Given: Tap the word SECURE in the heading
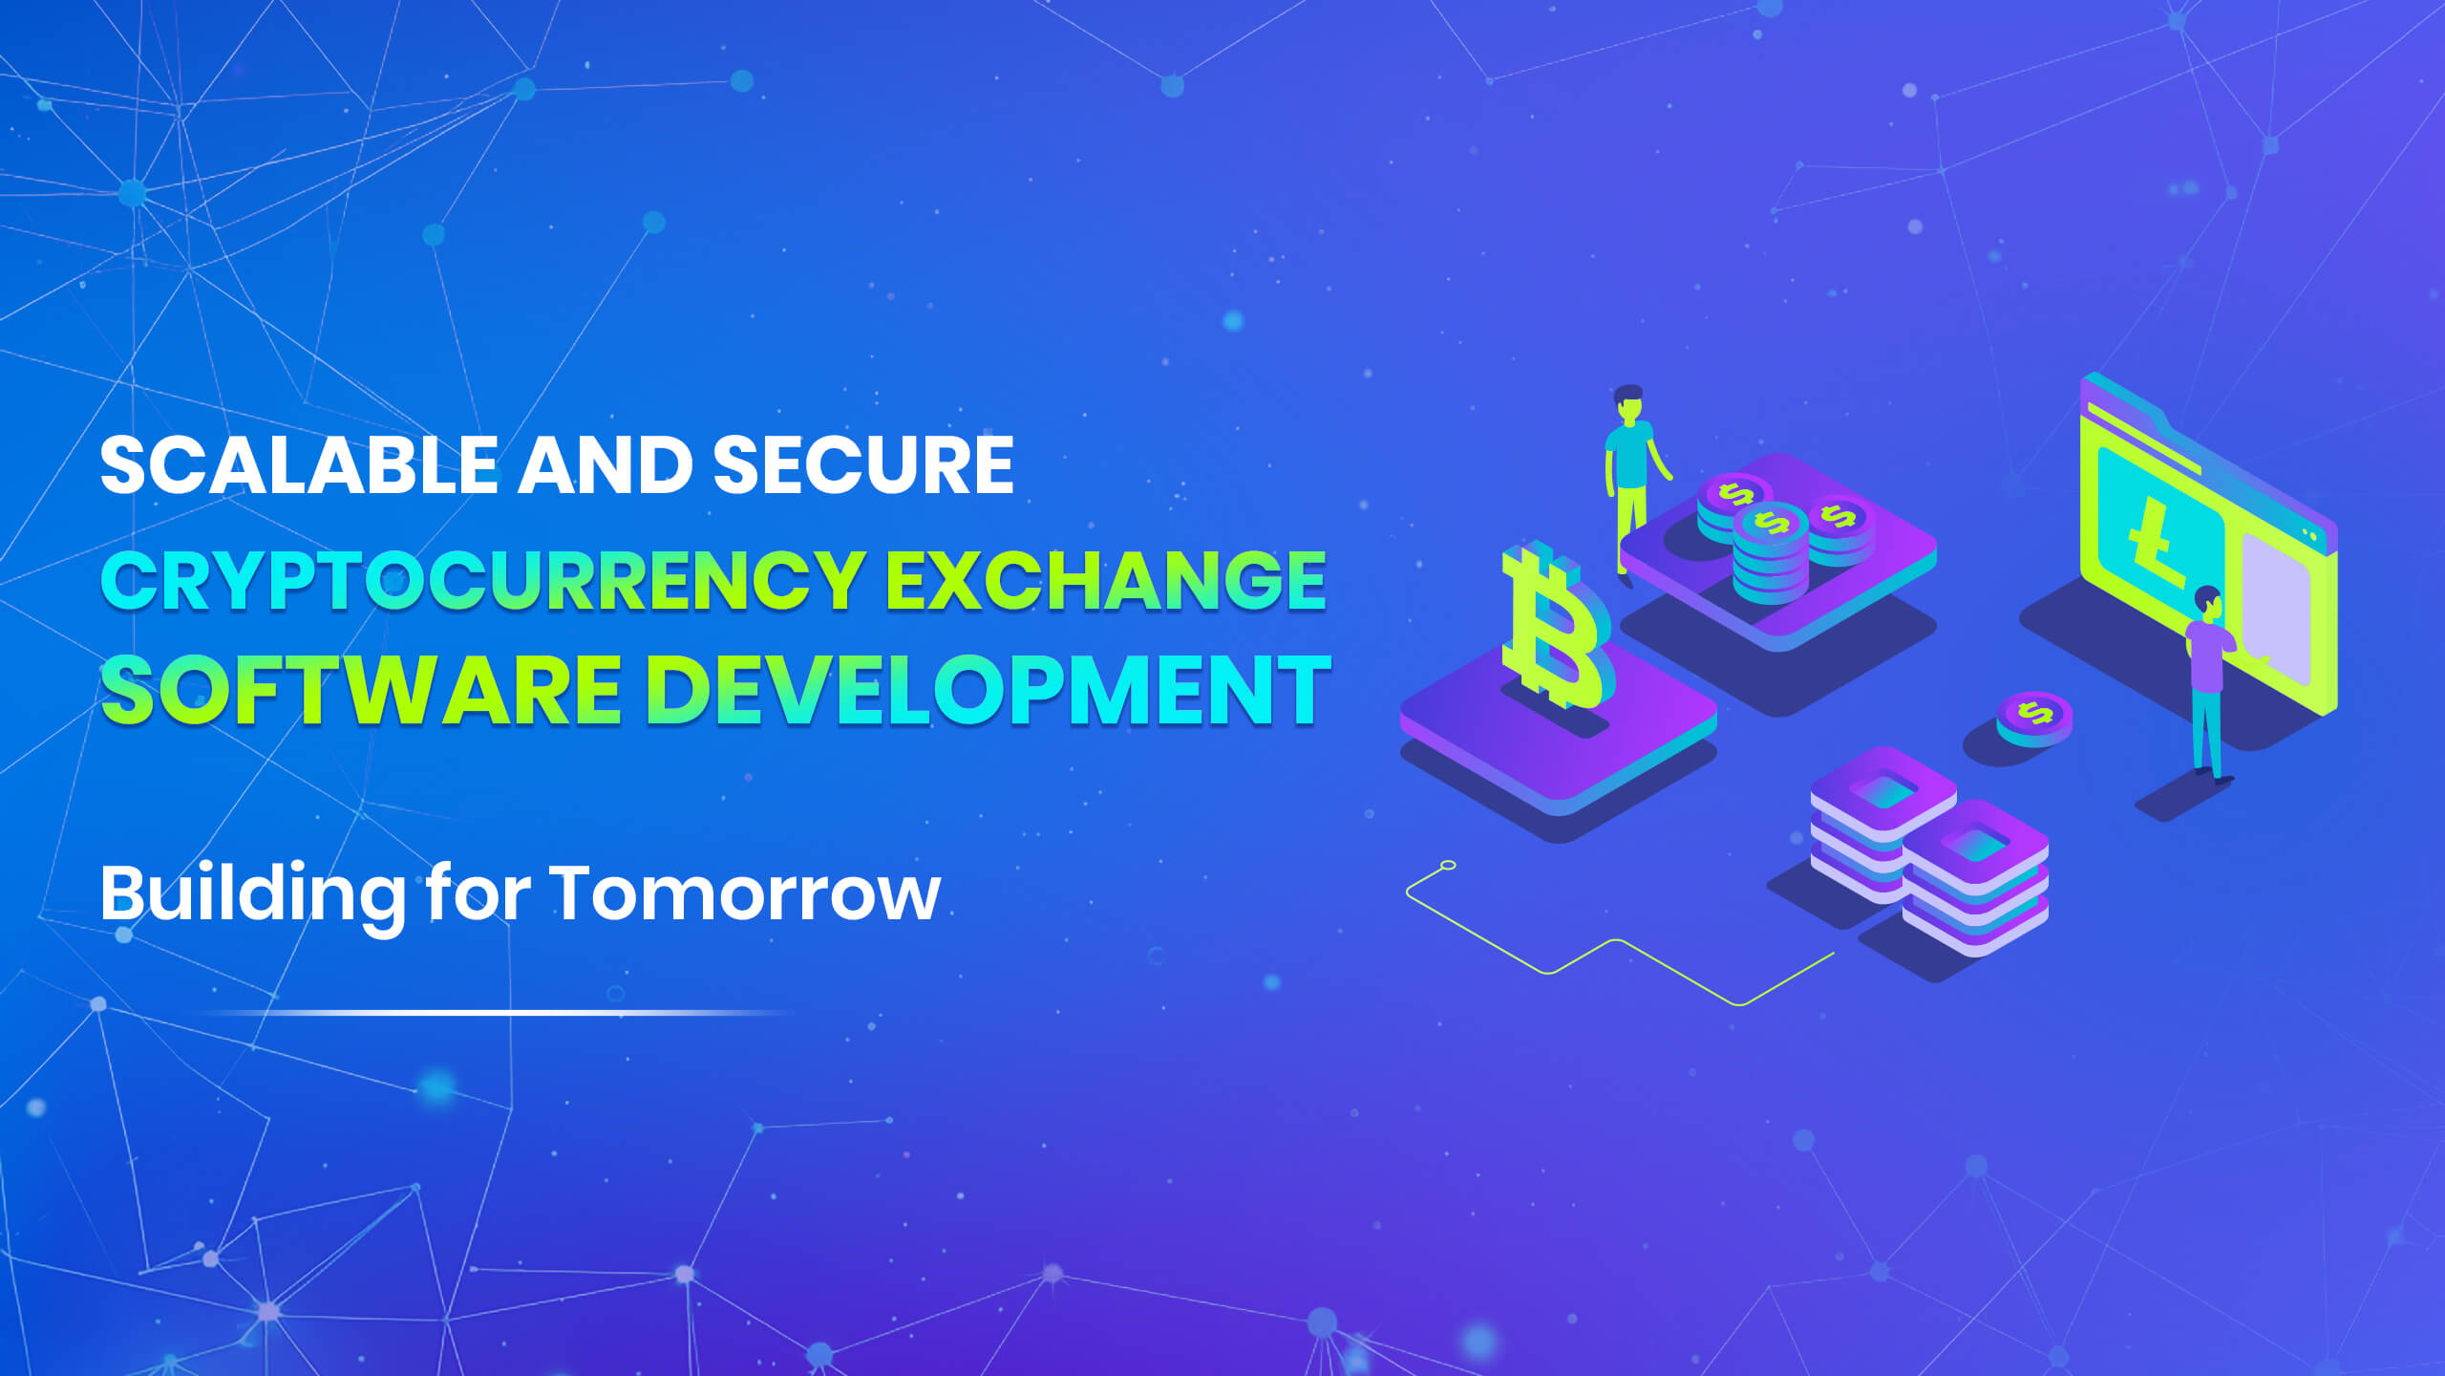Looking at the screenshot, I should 862,465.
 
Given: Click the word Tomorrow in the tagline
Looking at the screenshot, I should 746,893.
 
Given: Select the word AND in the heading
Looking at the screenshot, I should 605,465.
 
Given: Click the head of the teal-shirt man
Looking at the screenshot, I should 1628,404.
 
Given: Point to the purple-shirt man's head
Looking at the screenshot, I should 2207,601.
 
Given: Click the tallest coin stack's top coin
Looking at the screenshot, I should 1771,521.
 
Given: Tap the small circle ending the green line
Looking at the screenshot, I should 1448,866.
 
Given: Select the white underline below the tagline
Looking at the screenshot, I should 497,1012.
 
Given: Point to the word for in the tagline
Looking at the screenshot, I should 478,893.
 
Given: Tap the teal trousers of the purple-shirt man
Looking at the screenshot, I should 2207,731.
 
